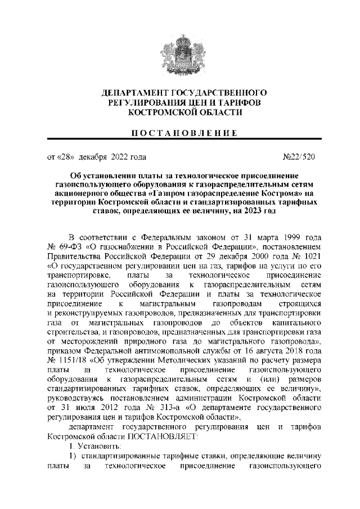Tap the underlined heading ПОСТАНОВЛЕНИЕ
[180, 133]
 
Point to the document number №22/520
[303, 157]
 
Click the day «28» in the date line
[66, 157]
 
